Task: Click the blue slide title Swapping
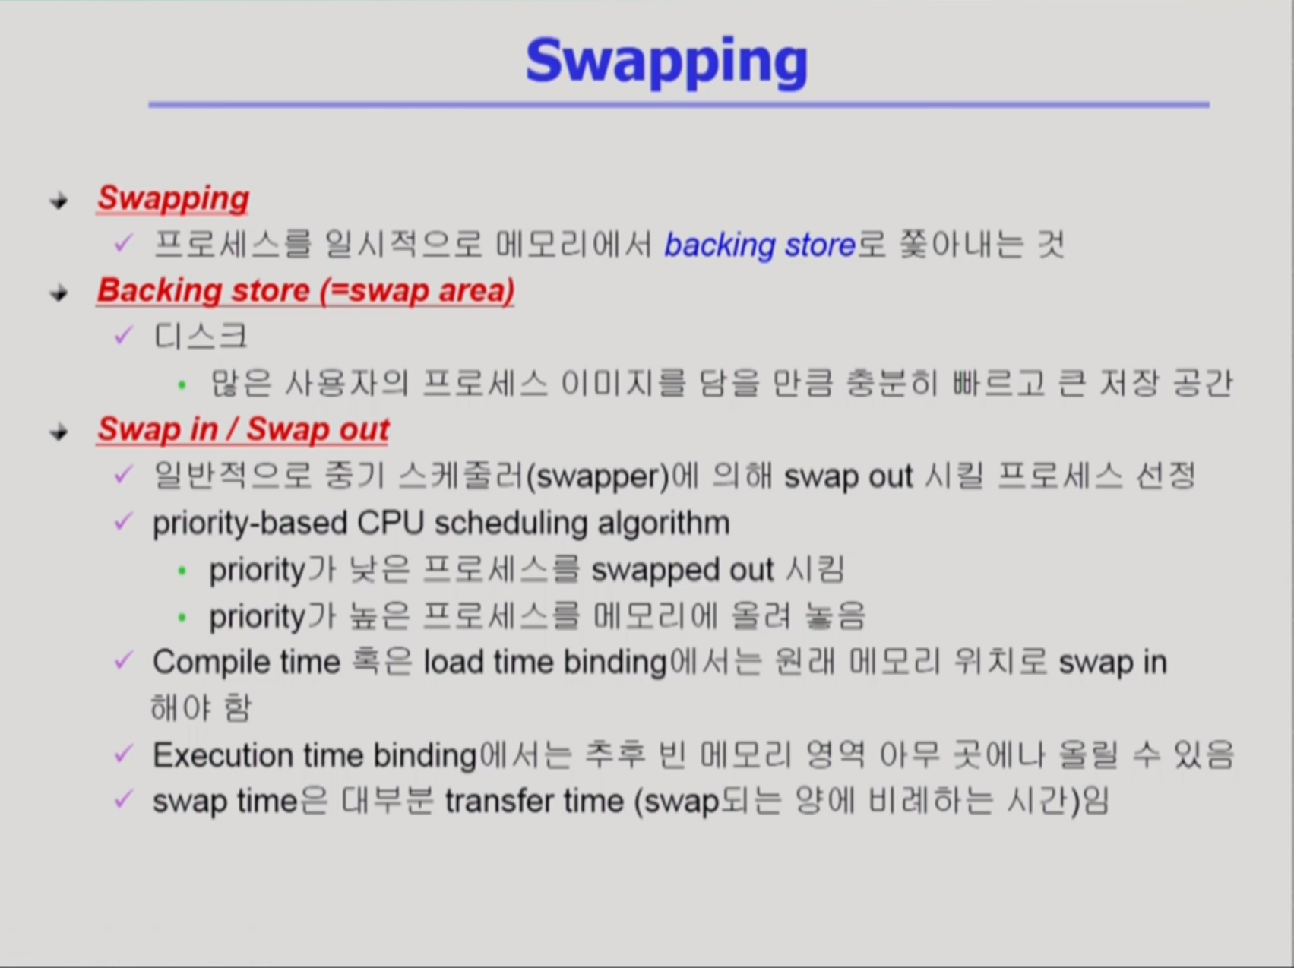(666, 63)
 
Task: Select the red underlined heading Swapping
(173, 199)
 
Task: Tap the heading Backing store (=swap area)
(305, 291)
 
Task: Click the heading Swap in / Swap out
(243, 430)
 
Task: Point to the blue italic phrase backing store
(760, 245)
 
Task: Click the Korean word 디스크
(201, 337)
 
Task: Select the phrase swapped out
(682, 571)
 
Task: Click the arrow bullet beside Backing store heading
(59, 293)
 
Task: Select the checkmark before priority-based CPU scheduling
(123, 522)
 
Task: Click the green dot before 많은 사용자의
(182, 385)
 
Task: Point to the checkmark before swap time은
(123, 800)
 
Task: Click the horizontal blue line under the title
(679, 105)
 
